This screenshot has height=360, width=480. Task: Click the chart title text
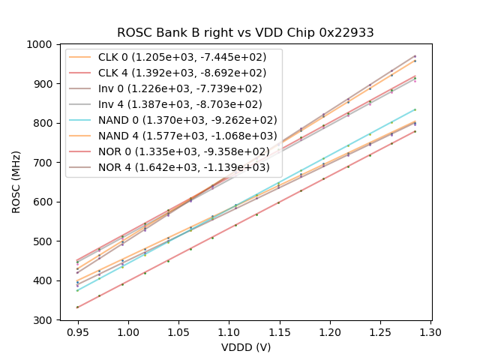coord(245,33)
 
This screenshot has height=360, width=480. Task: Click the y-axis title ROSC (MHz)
coord(16,182)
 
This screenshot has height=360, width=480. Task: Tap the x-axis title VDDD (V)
coord(245,347)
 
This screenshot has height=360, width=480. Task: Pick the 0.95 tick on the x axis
coord(77,331)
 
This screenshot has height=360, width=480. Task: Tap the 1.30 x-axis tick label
coord(430,331)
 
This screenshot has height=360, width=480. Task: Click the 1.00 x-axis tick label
coord(127,331)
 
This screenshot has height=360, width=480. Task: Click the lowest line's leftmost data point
coord(77,307)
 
